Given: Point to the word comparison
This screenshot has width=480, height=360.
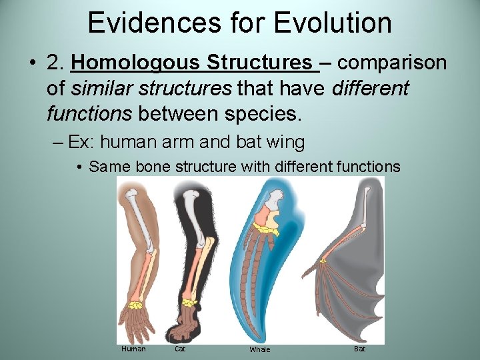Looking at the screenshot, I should (x=393, y=63).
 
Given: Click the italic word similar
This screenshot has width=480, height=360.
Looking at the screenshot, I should (x=101, y=88).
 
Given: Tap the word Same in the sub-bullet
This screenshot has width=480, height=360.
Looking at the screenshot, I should (x=105, y=167).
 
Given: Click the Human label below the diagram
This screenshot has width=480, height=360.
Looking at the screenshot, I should (x=133, y=349).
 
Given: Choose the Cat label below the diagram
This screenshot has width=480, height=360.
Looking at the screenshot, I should (x=180, y=349).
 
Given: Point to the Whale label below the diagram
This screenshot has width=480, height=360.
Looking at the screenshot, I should (x=260, y=349).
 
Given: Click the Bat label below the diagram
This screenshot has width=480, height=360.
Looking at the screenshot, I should (x=359, y=349).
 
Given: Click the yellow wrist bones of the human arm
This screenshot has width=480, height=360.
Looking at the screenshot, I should (x=137, y=305).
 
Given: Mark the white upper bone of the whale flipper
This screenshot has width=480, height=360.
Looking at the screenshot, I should (x=273, y=197).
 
